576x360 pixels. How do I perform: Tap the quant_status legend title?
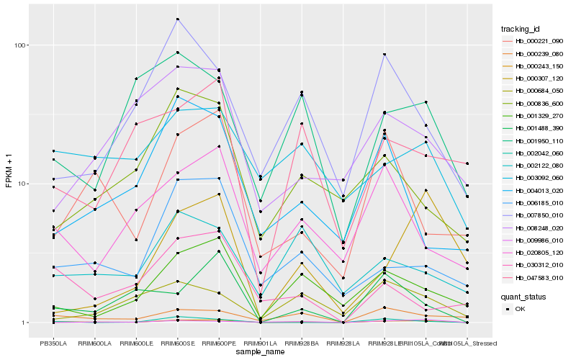pyautogui.click(x=523, y=296)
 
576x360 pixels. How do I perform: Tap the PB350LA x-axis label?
pyautogui.click(x=53, y=343)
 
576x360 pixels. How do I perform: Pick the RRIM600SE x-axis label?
pyautogui.click(x=177, y=343)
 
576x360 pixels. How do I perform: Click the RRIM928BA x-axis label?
pyautogui.click(x=301, y=343)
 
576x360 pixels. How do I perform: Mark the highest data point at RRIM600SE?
pyautogui.click(x=177, y=19)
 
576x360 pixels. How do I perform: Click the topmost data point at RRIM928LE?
pyautogui.click(x=384, y=54)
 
